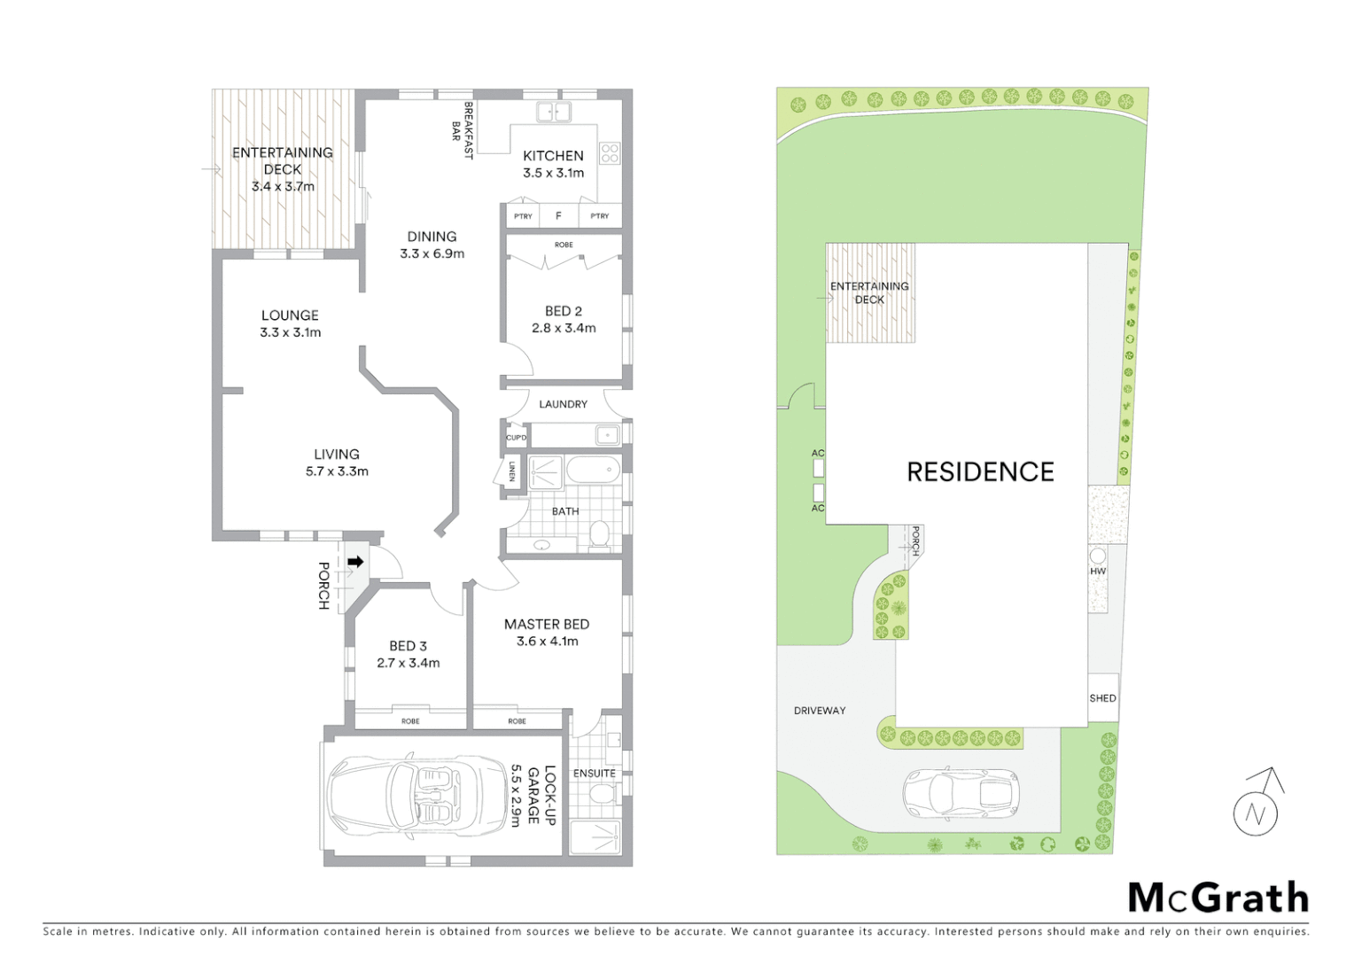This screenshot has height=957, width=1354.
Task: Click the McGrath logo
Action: pos(1218,898)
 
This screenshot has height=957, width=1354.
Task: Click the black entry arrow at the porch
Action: pos(355,562)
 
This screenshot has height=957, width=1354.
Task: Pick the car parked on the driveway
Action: pos(961,792)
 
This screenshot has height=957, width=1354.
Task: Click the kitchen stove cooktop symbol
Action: pos(610,153)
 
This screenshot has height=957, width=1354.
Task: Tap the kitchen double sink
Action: pos(554,112)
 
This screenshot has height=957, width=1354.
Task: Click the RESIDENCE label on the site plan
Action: pos(980,471)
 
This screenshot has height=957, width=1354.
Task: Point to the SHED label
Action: pos(1102,698)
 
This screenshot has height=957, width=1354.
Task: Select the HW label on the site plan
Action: pos(1098,572)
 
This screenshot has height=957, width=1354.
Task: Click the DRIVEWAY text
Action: pos(820,711)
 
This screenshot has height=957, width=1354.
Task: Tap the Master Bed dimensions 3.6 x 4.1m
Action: pos(547,642)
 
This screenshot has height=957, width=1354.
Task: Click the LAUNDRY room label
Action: pos(563,404)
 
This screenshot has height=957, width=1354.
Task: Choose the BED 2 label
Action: pos(564,311)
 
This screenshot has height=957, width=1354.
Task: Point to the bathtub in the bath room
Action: pos(592,471)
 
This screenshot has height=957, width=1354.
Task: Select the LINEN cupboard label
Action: pos(512,471)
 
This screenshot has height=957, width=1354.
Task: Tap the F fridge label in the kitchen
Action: pos(558,216)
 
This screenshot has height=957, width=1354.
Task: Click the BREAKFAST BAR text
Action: pos(463,131)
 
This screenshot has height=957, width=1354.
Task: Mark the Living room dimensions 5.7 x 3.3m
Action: pos(337,471)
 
